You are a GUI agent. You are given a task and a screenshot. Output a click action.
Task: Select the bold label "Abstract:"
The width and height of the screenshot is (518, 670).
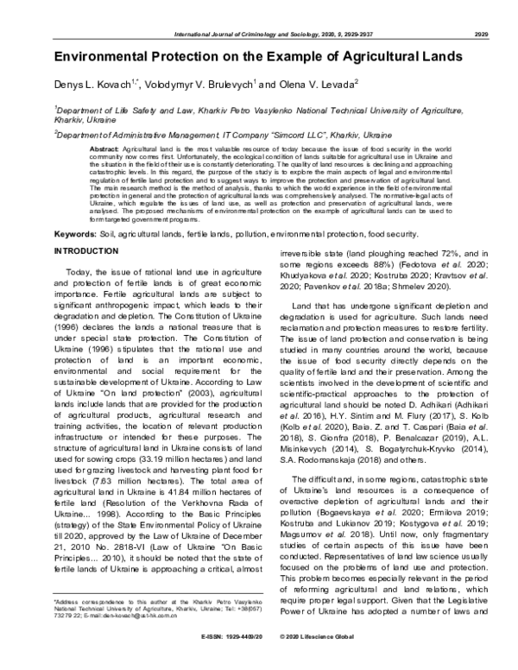(104, 149)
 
